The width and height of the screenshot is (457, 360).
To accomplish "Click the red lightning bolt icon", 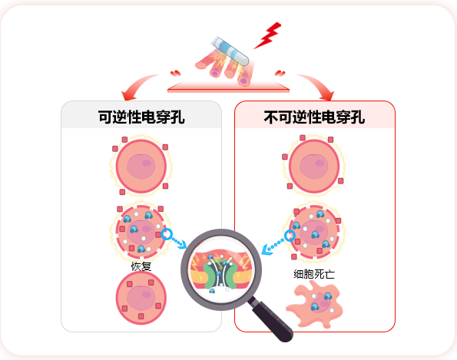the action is click(267, 36).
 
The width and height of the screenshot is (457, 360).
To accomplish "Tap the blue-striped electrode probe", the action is click(230, 51).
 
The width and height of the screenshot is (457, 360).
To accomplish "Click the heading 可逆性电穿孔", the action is click(141, 117).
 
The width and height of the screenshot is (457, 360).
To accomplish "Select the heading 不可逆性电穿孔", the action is click(314, 117).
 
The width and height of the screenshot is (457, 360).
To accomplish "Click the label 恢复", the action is click(141, 266).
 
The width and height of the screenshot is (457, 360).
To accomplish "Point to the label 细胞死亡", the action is click(314, 274).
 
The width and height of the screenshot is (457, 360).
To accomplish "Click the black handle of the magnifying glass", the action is click(270, 319).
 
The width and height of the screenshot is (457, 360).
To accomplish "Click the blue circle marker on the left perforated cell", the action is click(167, 234).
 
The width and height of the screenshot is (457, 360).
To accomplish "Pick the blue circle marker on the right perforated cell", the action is click(290, 236).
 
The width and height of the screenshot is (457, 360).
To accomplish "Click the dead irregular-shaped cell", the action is click(315, 306).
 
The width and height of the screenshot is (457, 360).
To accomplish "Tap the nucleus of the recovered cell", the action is click(141, 298).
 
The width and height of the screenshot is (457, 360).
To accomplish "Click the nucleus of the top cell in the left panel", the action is click(141, 167).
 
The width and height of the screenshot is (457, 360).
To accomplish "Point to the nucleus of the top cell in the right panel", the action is click(314, 167).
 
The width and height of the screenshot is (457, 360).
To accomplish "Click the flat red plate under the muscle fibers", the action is click(229, 87).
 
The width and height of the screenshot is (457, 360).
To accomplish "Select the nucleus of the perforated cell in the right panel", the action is click(314, 232).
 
